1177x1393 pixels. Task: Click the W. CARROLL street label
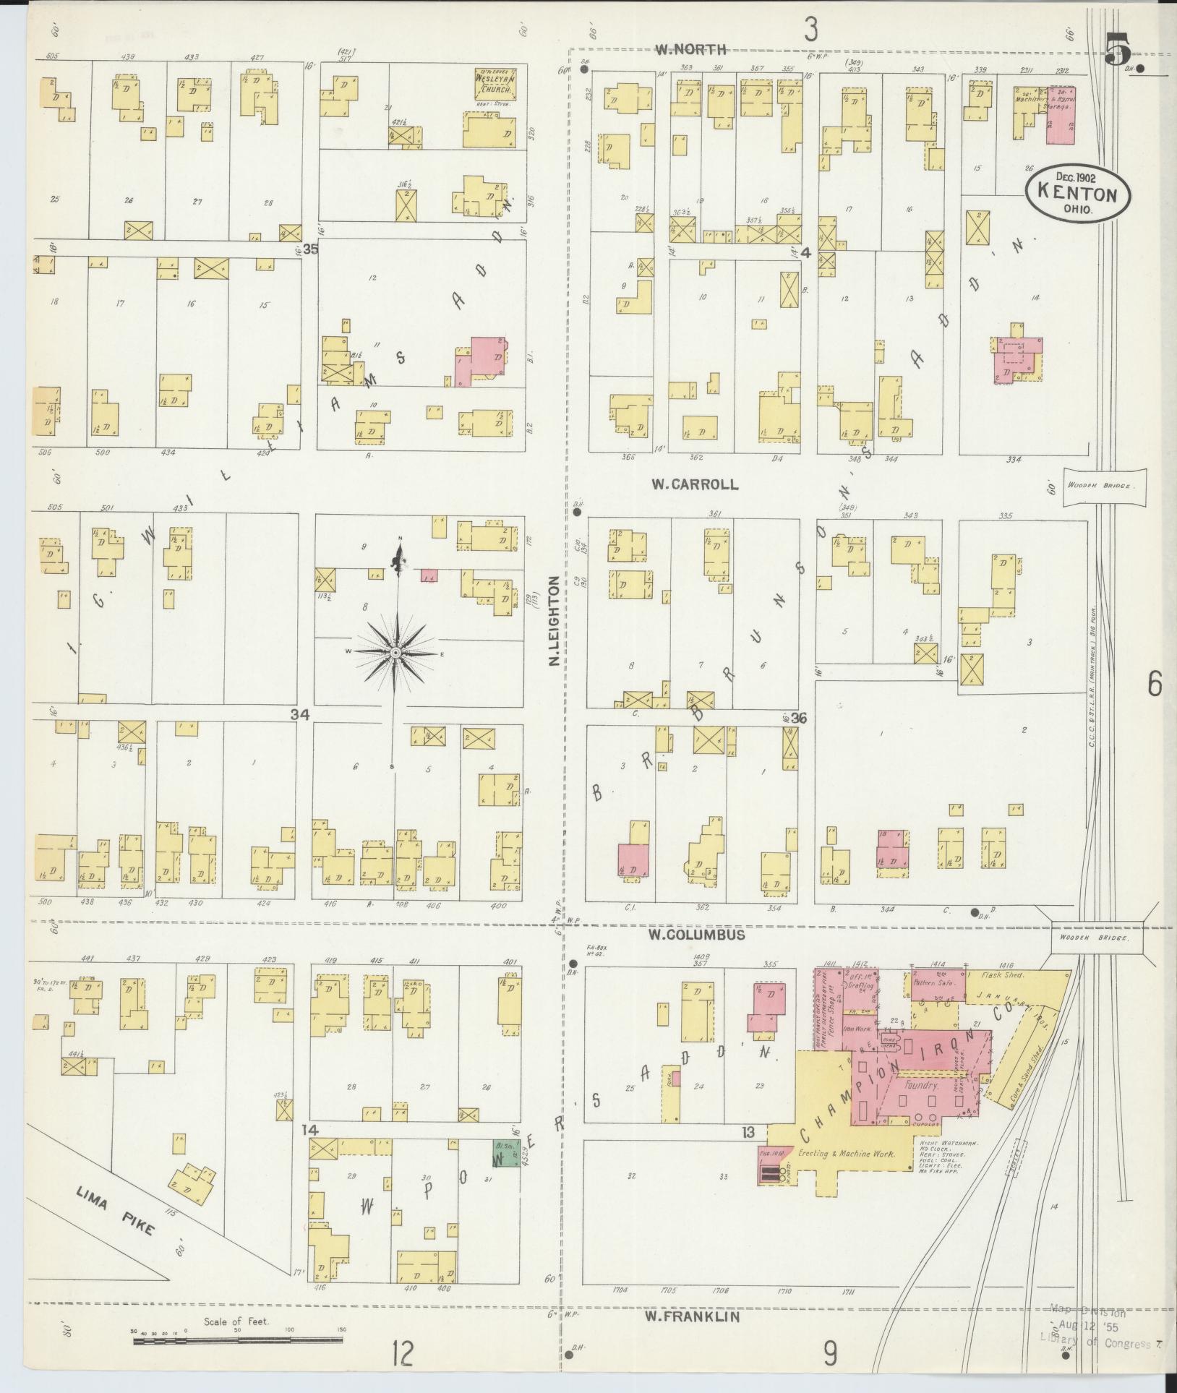pos(695,484)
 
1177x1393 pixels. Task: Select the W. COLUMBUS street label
pos(695,935)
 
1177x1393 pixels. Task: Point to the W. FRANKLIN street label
pos(692,1317)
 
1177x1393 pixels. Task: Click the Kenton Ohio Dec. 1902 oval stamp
pos(1077,194)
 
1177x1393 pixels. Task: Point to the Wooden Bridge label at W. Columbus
pos(1096,938)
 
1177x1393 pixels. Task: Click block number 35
pos(311,249)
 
